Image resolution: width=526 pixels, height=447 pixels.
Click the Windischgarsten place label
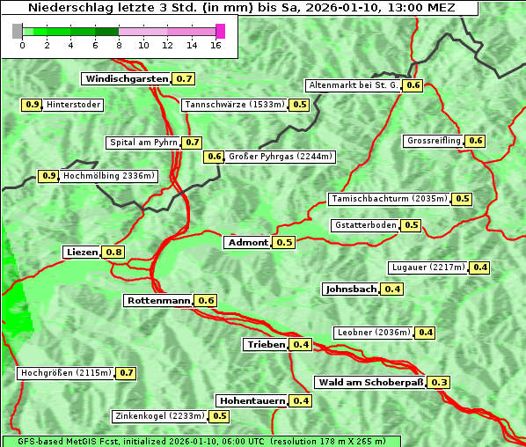[x=126, y=79]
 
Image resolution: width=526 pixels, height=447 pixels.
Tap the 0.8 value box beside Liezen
[x=114, y=253]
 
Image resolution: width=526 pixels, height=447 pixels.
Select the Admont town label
[x=247, y=242]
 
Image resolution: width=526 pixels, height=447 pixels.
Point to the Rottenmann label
[x=158, y=301]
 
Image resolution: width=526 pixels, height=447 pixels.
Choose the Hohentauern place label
[x=252, y=401]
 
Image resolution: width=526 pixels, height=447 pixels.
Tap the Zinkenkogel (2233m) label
[x=159, y=416]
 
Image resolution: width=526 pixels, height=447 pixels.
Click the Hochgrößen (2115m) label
[x=66, y=373]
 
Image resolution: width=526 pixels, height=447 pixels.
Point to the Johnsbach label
[x=351, y=289]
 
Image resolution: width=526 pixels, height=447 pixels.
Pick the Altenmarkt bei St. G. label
[x=353, y=85]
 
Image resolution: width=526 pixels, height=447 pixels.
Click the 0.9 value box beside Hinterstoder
[x=32, y=105]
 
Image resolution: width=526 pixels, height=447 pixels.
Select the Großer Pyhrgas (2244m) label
[x=280, y=157]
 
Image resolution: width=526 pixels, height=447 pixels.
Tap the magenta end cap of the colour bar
[x=220, y=31]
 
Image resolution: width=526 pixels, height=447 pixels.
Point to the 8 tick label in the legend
[x=119, y=45]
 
